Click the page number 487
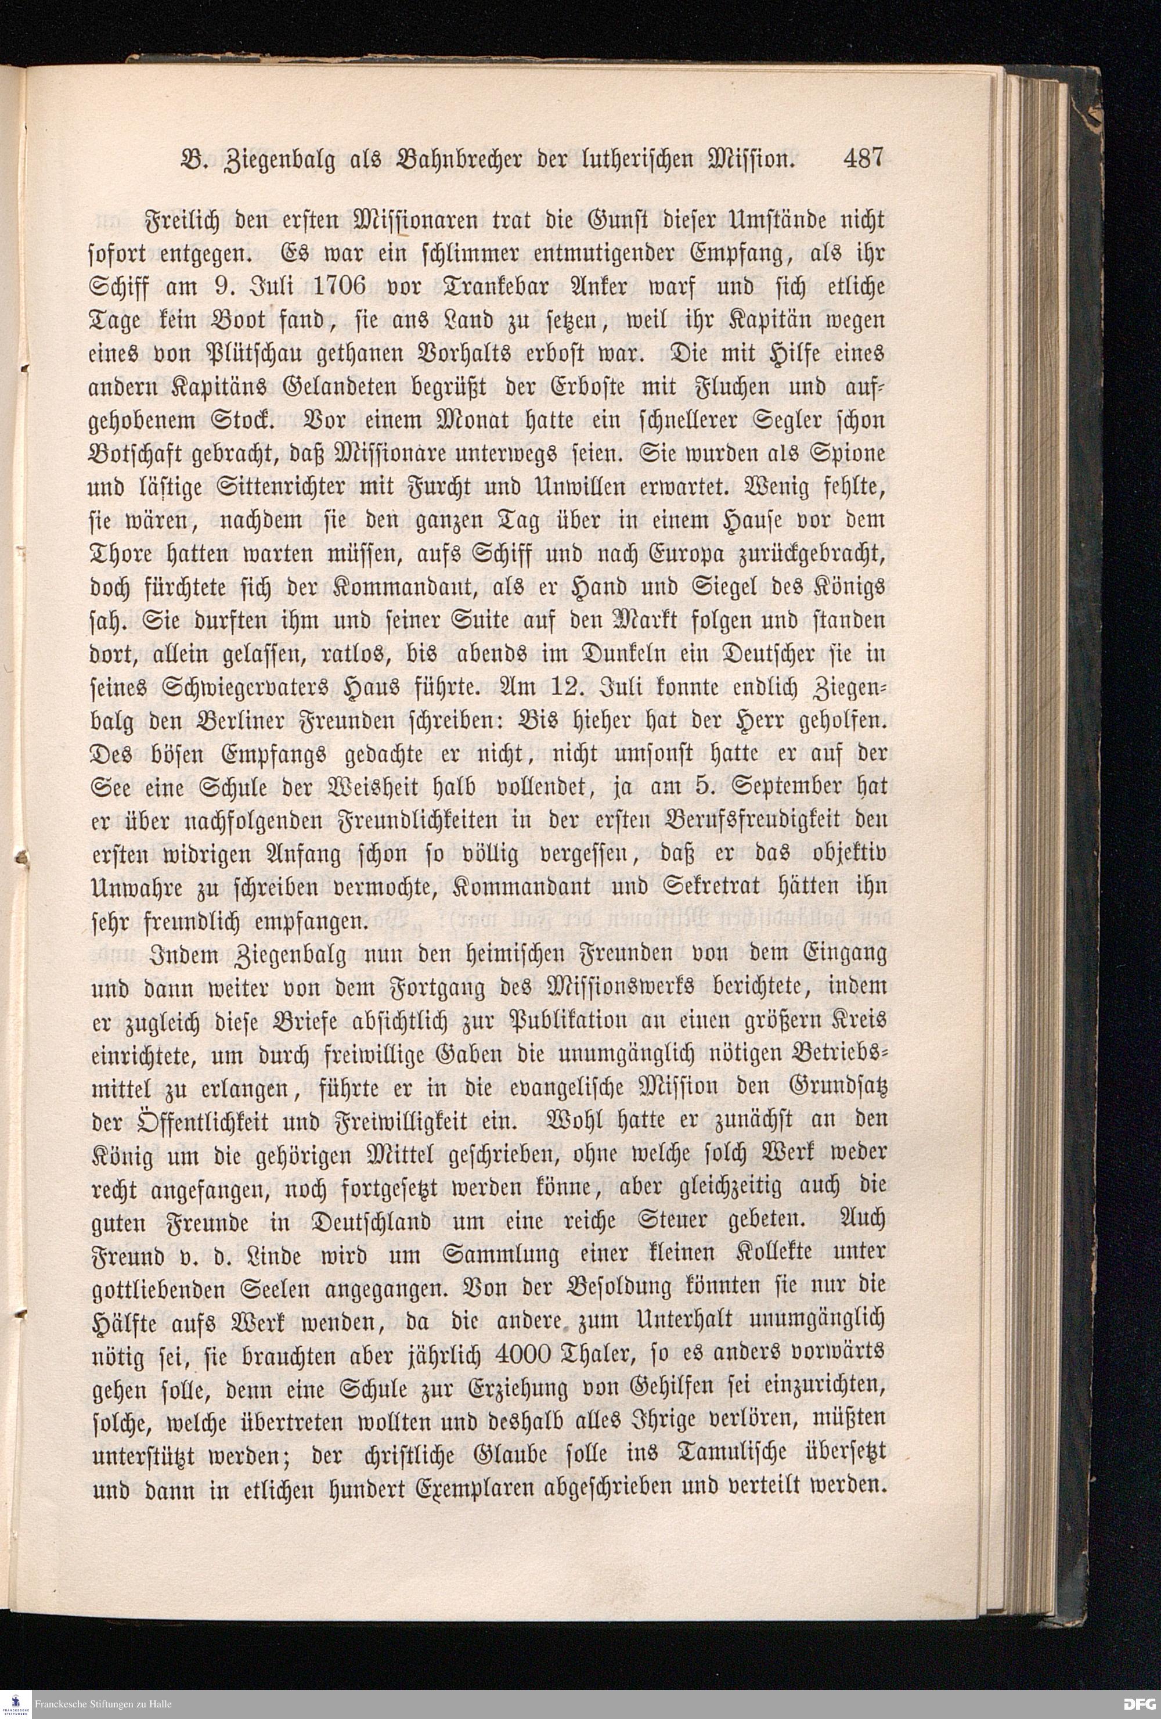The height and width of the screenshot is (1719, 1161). coord(864,159)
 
